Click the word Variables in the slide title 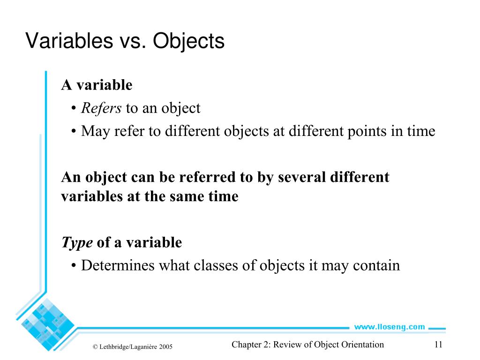66,41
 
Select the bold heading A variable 97,85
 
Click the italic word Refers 101,108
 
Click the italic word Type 77,243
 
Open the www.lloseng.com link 389,327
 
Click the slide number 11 438,345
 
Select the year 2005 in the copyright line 165,347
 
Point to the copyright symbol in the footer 95,347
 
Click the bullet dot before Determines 75,266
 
